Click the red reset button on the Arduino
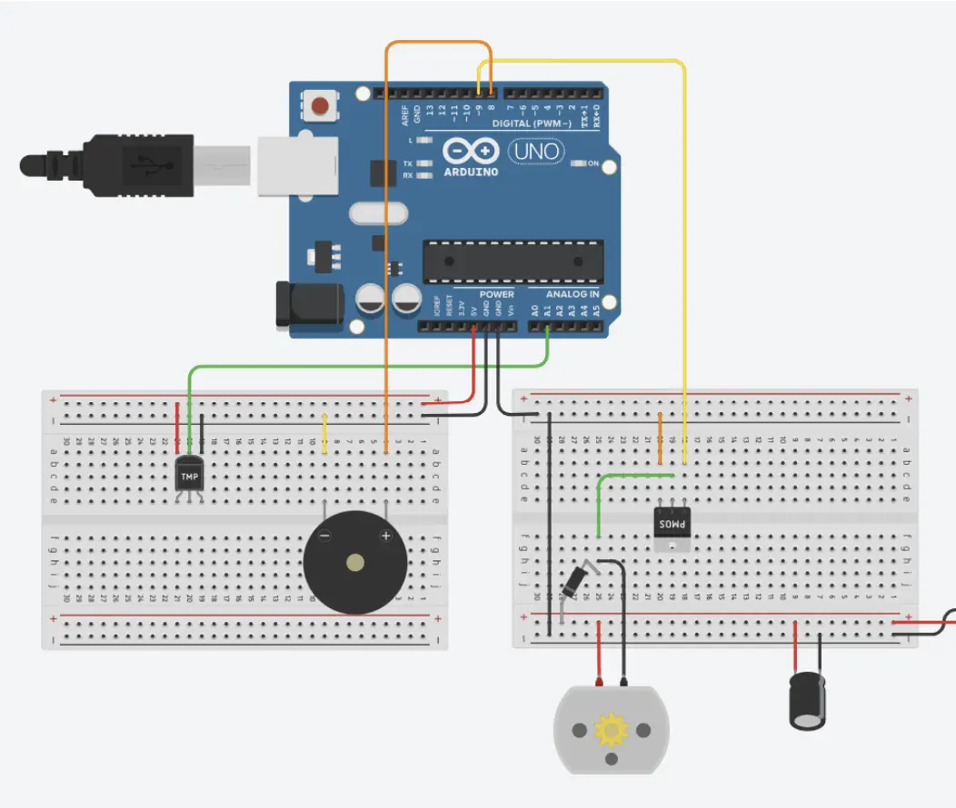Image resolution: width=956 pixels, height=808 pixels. [x=320, y=106]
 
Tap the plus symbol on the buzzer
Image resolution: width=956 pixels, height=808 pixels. [x=385, y=537]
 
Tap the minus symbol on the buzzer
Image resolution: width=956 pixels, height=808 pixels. [x=324, y=537]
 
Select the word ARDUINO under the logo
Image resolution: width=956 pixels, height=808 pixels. [x=471, y=172]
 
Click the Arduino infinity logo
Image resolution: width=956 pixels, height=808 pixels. [x=471, y=150]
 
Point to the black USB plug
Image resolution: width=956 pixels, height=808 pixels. [x=109, y=164]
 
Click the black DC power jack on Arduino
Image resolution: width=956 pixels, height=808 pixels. [x=310, y=302]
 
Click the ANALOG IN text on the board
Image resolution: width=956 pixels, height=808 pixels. [x=572, y=294]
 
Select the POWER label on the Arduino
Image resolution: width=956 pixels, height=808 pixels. [x=496, y=294]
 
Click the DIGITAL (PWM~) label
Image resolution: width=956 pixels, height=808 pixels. [x=532, y=123]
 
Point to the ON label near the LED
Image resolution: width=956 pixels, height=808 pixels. [x=593, y=163]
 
